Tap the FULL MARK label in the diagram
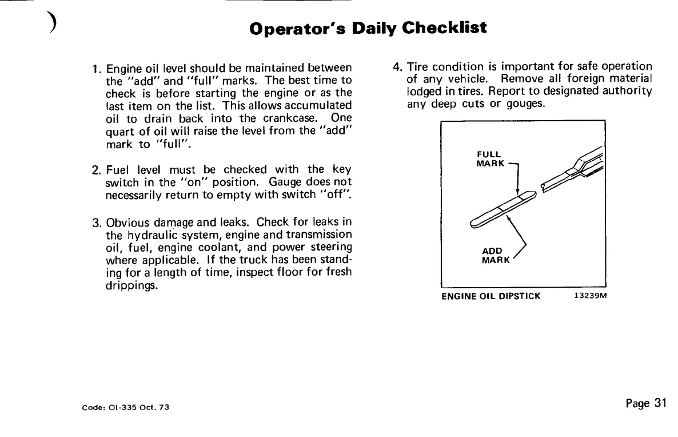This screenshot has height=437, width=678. pos(489,159)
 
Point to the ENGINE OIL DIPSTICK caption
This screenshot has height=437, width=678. pos(490,297)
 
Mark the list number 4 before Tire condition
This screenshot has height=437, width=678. pos(397,66)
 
